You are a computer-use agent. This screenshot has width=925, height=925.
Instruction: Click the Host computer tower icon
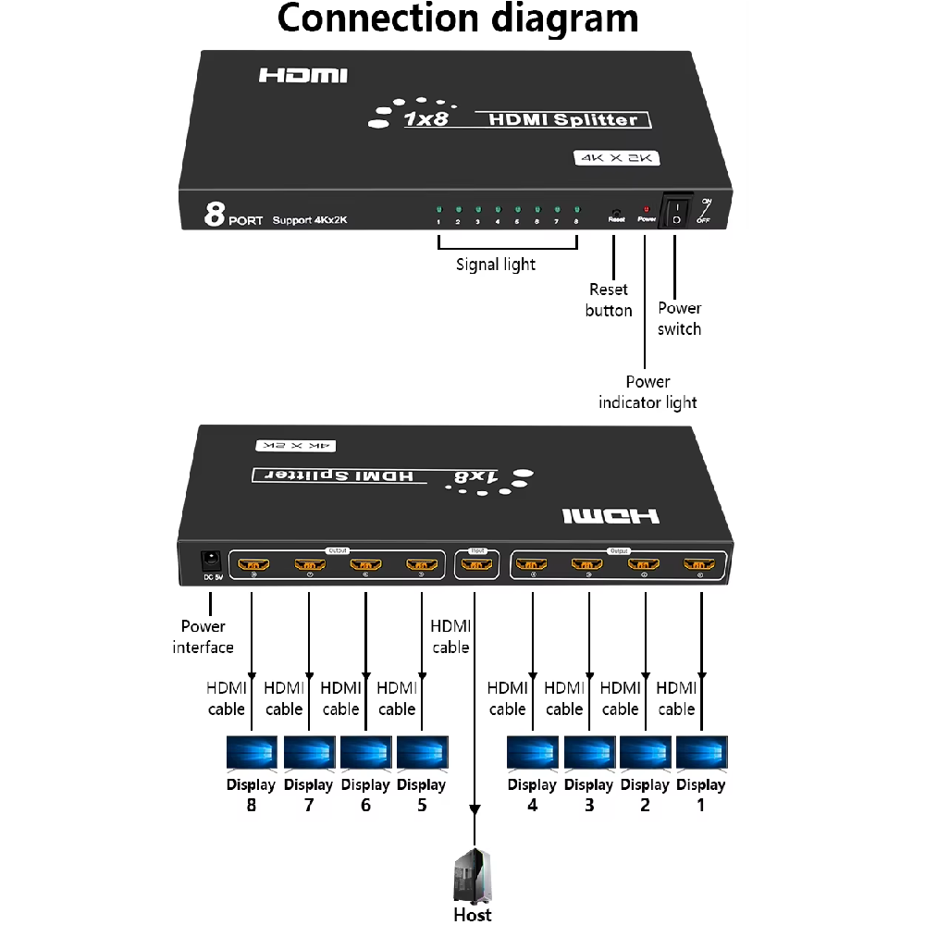click(473, 877)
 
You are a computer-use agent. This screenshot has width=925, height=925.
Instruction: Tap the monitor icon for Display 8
click(252, 753)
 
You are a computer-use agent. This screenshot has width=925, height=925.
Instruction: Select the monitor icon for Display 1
click(701, 753)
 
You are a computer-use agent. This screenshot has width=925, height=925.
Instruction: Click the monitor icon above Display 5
click(422, 753)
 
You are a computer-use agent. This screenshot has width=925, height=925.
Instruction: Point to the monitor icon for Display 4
click(533, 753)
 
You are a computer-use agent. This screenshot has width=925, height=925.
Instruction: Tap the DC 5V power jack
click(211, 560)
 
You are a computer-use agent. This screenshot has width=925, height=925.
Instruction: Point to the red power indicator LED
click(646, 210)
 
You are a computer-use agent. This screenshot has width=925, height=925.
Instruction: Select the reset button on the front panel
click(615, 211)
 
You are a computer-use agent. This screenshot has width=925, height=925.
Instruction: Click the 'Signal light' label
click(496, 265)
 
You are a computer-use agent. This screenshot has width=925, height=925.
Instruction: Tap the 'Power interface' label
click(203, 636)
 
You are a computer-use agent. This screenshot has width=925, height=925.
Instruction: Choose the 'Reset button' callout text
click(609, 300)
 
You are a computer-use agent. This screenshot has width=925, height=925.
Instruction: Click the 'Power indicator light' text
click(647, 391)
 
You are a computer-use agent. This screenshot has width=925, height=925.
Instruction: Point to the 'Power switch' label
click(679, 318)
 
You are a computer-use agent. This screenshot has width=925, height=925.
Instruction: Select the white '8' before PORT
click(215, 216)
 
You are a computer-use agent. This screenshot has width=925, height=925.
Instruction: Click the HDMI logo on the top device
click(302, 75)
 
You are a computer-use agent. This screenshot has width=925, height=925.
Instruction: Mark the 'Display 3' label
click(588, 795)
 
